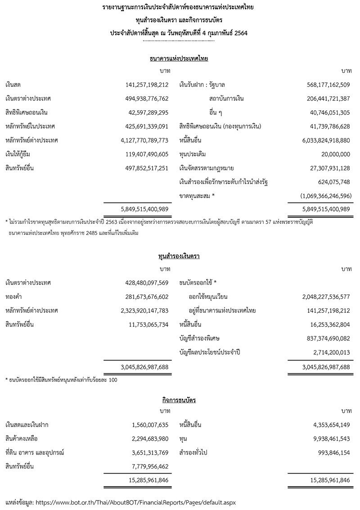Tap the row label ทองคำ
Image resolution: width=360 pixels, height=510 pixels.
point(13,297)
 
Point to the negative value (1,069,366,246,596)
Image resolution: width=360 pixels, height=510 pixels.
point(322,196)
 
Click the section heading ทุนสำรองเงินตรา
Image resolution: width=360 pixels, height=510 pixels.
point(179,256)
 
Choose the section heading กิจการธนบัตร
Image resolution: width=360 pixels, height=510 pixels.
point(179,399)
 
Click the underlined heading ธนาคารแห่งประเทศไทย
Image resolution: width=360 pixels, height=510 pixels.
point(179,59)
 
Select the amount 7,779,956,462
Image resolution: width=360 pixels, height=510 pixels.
point(148,466)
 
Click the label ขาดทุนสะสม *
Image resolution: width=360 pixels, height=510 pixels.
point(197,196)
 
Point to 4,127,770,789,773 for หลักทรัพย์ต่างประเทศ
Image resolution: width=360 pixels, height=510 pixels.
point(141,140)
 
